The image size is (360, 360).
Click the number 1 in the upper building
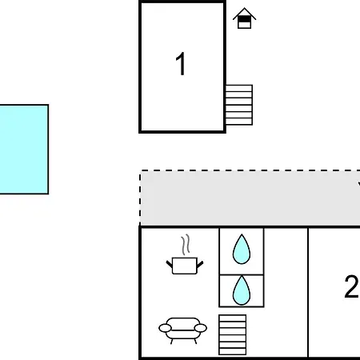[x=181, y=64]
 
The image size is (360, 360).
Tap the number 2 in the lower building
[x=351, y=286]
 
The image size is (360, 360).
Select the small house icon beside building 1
[x=244, y=18]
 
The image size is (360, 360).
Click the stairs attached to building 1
[x=239, y=105]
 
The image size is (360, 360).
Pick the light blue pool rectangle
[x=24, y=149]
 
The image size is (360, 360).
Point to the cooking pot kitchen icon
[x=185, y=266]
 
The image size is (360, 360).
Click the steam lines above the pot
[x=186, y=244]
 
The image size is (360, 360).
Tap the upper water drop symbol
[x=242, y=250]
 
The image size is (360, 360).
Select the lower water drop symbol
[x=242, y=290]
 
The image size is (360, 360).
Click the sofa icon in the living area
[x=182, y=330]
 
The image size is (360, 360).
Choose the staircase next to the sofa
[x=232, y=334]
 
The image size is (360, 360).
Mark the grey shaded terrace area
[x=250, y=198]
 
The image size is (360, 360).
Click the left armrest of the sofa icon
[x=165, y=328]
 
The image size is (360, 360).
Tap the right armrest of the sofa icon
[x=201, y=328]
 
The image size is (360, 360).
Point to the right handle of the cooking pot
[x=200, y=265]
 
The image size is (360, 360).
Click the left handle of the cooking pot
[x=170, y=265]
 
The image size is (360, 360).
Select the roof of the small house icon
[x=244, y=14]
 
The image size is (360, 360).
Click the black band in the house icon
[x=244, y=19]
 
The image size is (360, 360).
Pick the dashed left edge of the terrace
[x=140, y=198]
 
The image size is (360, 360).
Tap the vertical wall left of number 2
[x=308, y=292]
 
